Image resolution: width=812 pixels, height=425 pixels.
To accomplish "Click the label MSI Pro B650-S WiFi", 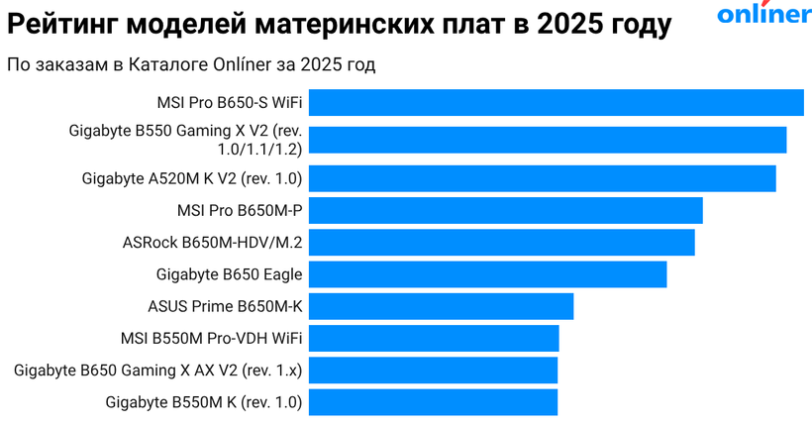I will (x=230, y=102).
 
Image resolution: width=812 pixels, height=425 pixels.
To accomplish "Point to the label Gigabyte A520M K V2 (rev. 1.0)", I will (x=192, y=178).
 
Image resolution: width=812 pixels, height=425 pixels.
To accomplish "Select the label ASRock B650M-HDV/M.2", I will (x=213, y=242).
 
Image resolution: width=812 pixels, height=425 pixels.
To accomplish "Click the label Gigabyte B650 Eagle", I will (x=230, y=274).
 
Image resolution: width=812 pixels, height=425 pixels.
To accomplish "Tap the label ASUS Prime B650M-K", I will (x=225, y=306).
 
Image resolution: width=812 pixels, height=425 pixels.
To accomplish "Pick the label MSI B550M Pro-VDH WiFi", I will (x=212, y=339).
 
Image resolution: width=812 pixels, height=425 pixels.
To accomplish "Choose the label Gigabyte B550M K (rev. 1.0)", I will (x=204, y=402).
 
